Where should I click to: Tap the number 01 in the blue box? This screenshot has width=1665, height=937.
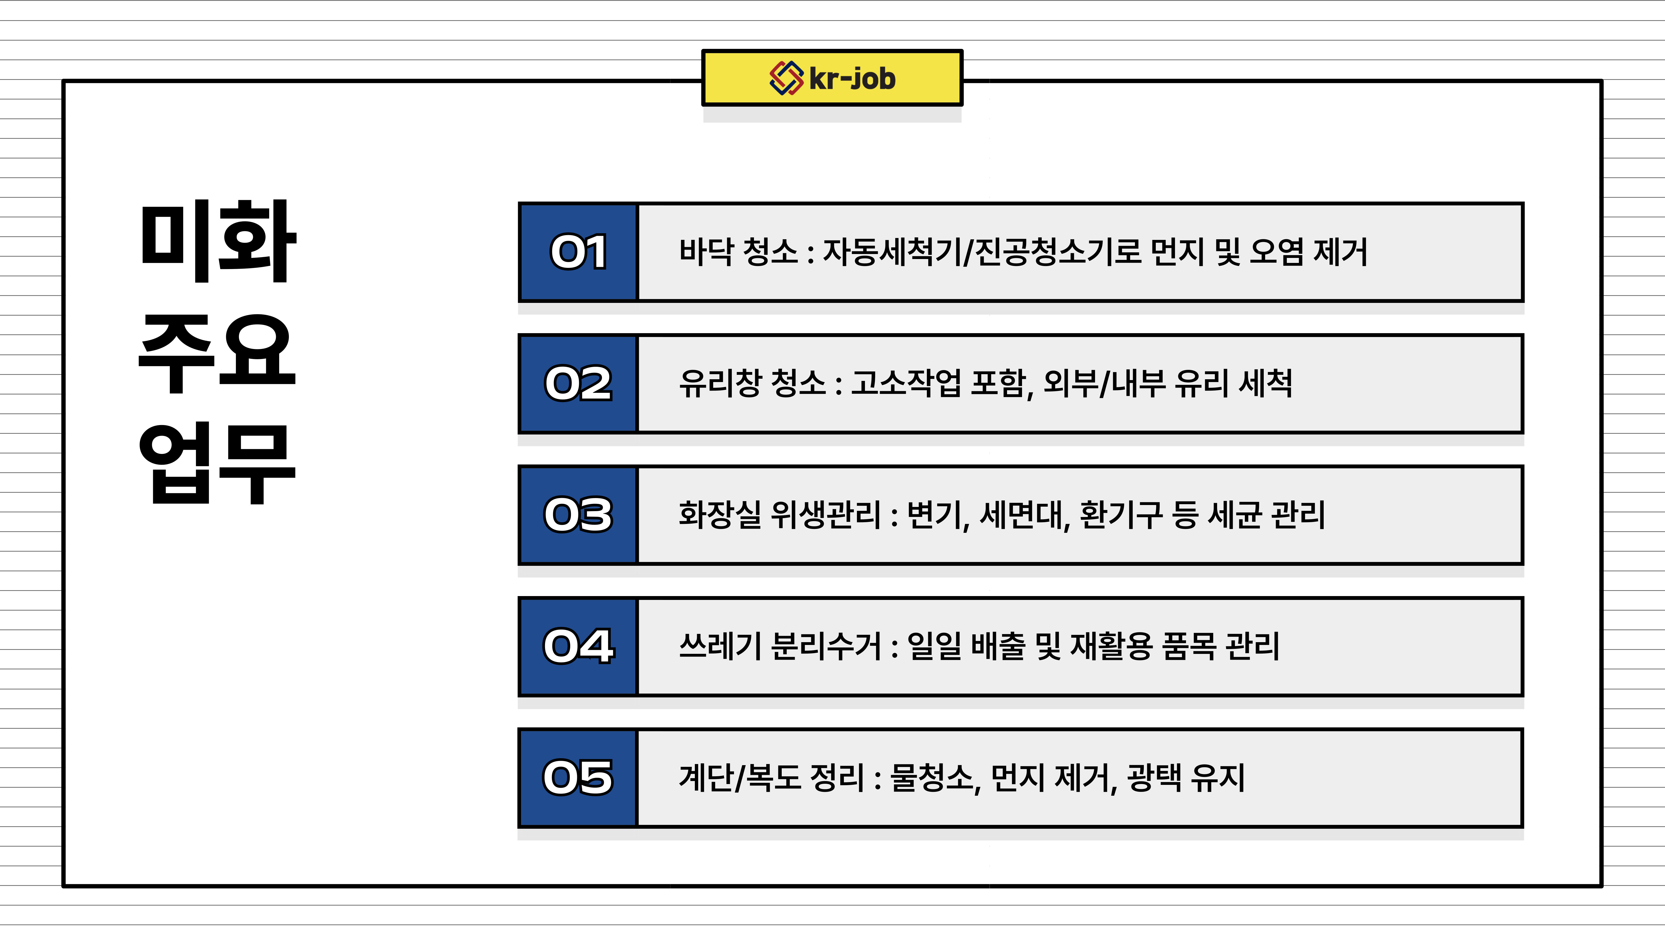tap(579, 252)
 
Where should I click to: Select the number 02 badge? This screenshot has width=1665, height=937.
tap(578, 383)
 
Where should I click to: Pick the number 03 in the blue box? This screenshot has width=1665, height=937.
tap(578, 515)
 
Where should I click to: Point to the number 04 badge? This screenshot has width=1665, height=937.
tap(578, 647)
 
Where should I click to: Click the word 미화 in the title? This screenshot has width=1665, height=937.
tap(218, 241)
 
